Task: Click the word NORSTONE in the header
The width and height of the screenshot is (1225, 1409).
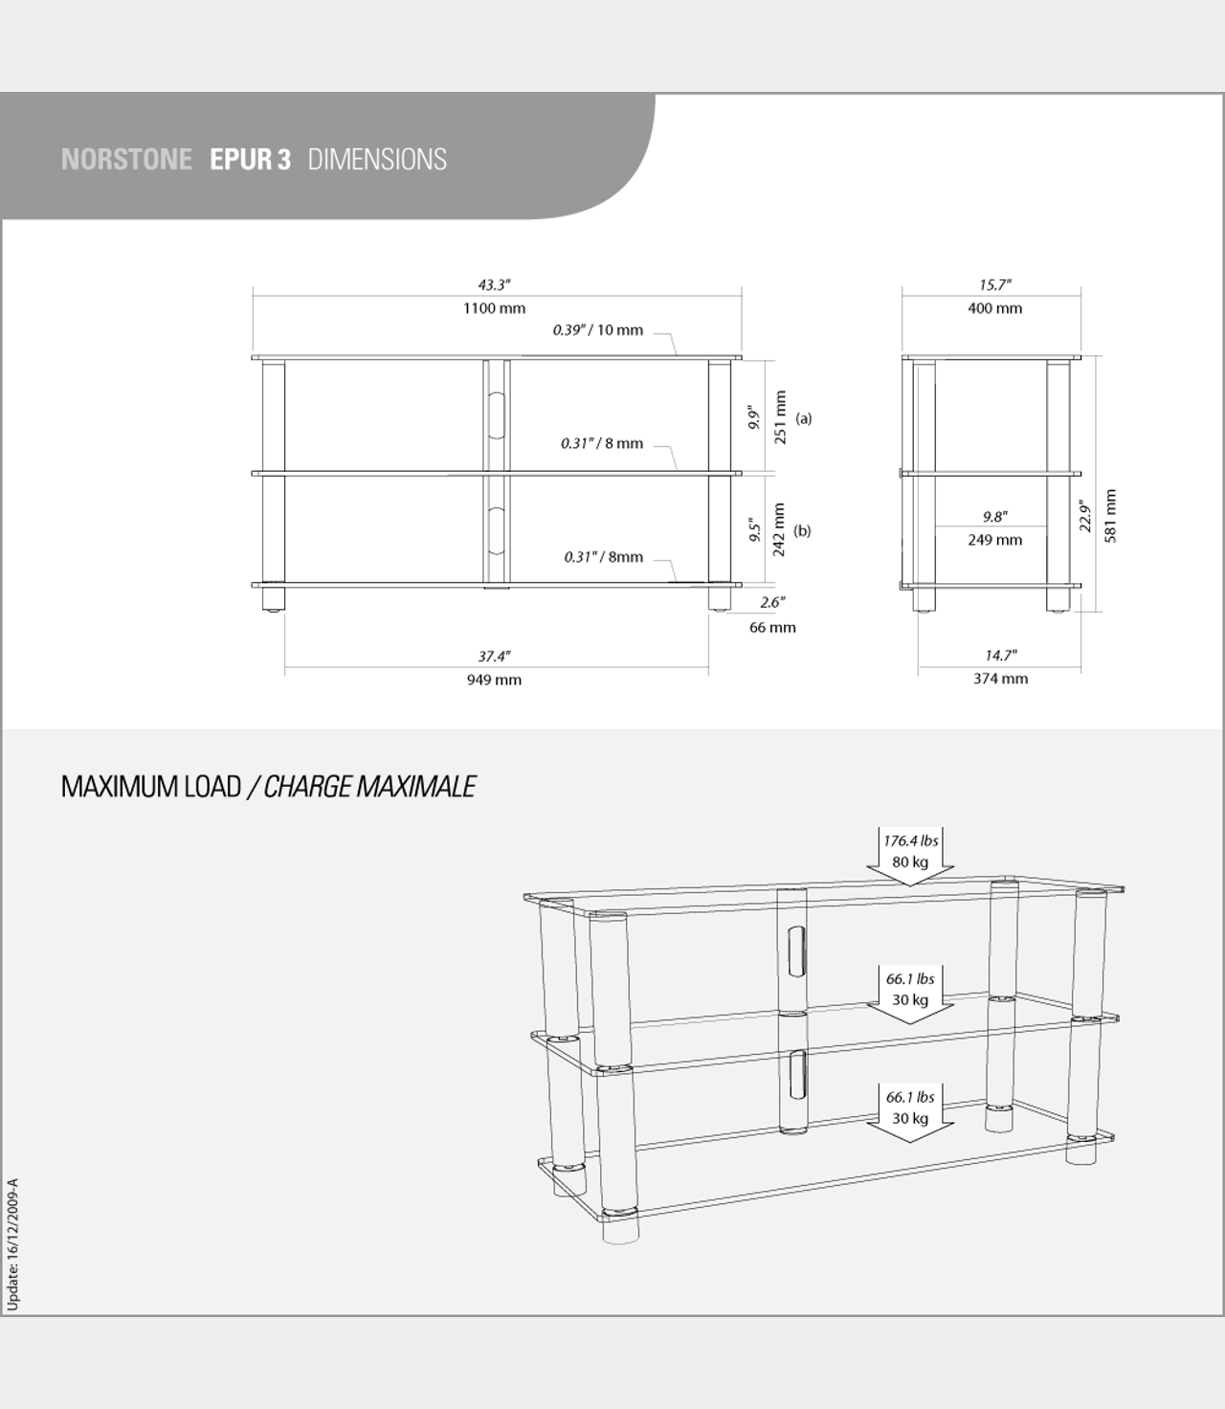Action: click(126, 159)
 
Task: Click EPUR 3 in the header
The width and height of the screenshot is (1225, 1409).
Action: click(251, 159)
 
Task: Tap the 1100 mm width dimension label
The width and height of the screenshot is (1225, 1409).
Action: click(494, 308)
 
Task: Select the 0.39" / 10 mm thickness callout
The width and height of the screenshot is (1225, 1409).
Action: click(598, 330)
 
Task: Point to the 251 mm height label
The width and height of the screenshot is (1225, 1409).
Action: click(780, 417)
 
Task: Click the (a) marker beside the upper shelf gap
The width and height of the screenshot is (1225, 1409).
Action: click(804, 418)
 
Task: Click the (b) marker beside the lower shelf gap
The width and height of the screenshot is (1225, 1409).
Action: click(802, 531)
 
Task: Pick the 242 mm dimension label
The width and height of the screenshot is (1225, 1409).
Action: click(779, 530)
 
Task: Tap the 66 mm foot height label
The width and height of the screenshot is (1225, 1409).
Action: click(772, 627)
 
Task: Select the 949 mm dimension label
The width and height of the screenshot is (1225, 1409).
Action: click(494, 680)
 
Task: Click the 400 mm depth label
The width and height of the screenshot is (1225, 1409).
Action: click(995, 308)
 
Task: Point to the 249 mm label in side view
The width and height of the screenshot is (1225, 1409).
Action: click(995, 540)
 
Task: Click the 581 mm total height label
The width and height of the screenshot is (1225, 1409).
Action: click(1110, 517)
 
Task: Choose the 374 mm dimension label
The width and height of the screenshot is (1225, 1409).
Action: click(1000, 679)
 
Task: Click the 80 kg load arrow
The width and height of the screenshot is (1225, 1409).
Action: click(909, 857)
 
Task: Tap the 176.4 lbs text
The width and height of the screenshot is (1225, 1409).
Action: click(911, 840)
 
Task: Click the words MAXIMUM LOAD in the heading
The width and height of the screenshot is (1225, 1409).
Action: click(151, 787)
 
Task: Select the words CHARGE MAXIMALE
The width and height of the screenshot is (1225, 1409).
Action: click(369, 787)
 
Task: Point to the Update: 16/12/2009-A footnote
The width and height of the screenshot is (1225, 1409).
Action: click(12, 1244)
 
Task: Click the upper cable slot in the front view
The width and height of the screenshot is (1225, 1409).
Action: click(496, 415)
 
